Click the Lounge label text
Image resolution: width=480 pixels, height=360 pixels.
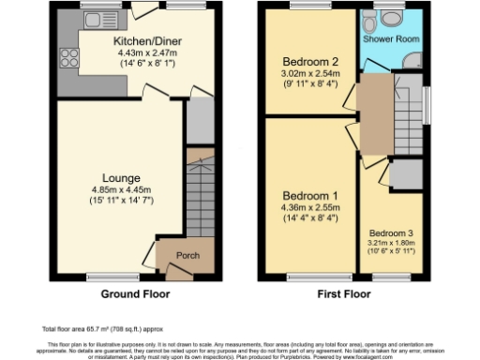coord(122,177)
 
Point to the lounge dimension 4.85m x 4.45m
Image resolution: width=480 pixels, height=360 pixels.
coord(122,187)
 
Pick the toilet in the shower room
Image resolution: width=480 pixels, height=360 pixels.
coord(387,21)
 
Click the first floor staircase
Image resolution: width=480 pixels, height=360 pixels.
coord(406,112)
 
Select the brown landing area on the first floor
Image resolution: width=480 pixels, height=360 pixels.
coord(370,114)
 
